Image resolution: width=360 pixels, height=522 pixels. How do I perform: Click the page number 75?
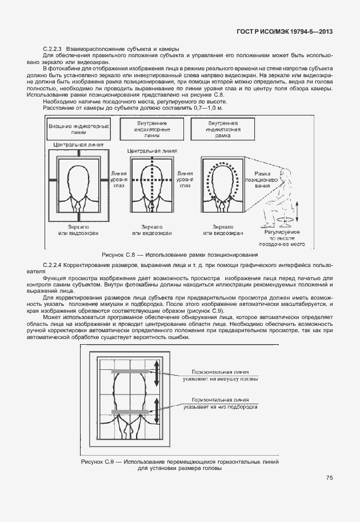(330, 477)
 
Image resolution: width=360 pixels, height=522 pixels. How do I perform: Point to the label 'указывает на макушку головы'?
(221, 378)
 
